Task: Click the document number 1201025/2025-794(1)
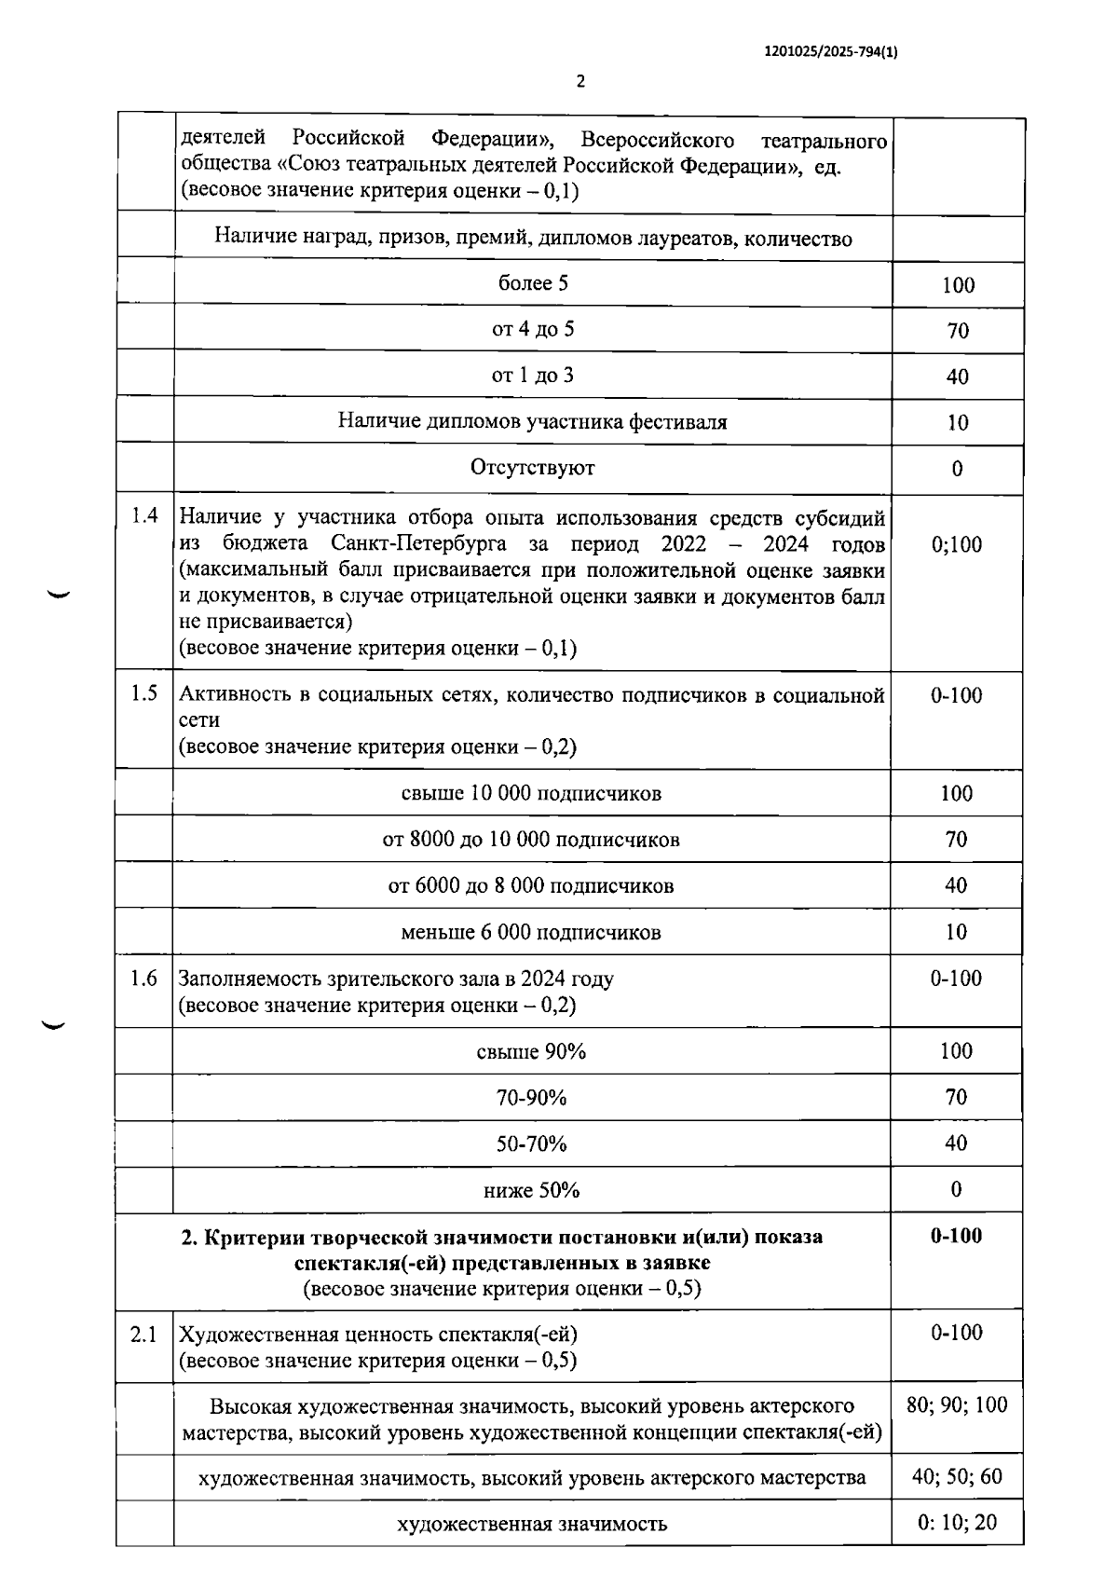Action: (831, 53)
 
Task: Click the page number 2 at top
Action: (580, 82)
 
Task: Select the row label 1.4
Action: (144, 515)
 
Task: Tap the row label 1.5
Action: (144, 693)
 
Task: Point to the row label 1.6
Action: (144, 979)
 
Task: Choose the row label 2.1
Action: (144, 1335)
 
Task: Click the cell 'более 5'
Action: (533, 283)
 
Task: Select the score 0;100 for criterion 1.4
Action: (957, 544)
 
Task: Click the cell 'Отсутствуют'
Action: (533, 468)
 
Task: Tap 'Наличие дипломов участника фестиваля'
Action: (533, 421)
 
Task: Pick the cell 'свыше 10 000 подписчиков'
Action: (531, 793)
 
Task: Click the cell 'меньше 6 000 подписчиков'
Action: (531, 932)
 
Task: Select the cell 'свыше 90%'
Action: (531, 1051)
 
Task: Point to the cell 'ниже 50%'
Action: (531, 1190)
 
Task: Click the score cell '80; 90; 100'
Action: (957, 1404)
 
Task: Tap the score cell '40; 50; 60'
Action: (957, 1476)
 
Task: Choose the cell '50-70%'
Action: (531, 1144)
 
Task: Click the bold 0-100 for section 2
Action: (957, 1236)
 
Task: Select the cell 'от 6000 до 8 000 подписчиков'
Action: (531, 885)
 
